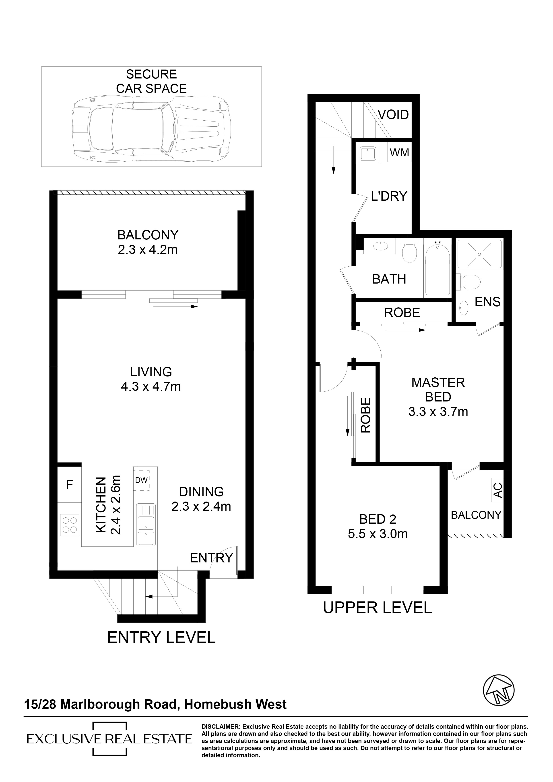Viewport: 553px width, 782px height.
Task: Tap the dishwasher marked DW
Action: click(141, 480)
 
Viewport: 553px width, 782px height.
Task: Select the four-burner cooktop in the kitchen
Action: click(70, 525)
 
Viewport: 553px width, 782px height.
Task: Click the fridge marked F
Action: click(70, 485)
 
